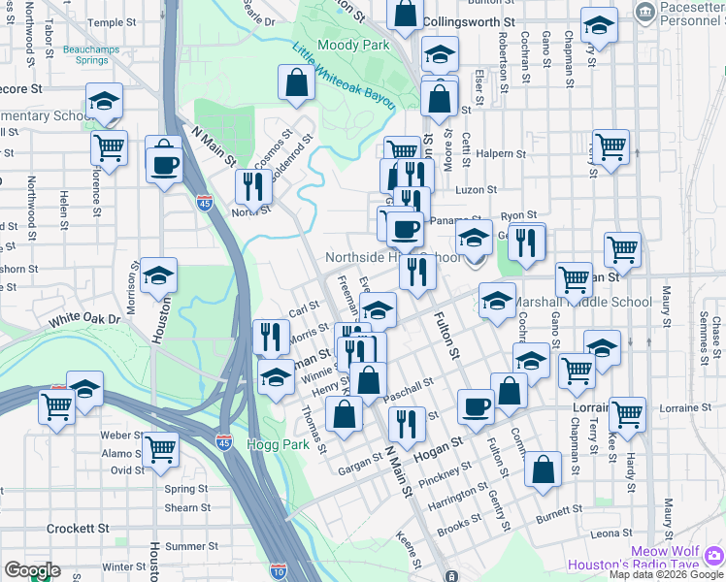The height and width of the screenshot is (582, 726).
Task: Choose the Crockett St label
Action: tap(78, 529)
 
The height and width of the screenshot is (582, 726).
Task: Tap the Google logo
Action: tap(32, 570)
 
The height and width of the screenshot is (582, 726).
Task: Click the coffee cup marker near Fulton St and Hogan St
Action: tap(476, 407)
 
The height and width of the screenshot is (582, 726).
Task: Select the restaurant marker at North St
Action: tap(251, 185)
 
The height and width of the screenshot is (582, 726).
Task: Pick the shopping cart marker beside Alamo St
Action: tap(160, 448)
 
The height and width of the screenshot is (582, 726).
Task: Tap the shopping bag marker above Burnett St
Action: tap(544, 469)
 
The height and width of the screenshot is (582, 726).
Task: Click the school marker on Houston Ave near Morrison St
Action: tap(158, 275)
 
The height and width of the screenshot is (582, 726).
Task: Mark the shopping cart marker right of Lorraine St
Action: tap(628, 413)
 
